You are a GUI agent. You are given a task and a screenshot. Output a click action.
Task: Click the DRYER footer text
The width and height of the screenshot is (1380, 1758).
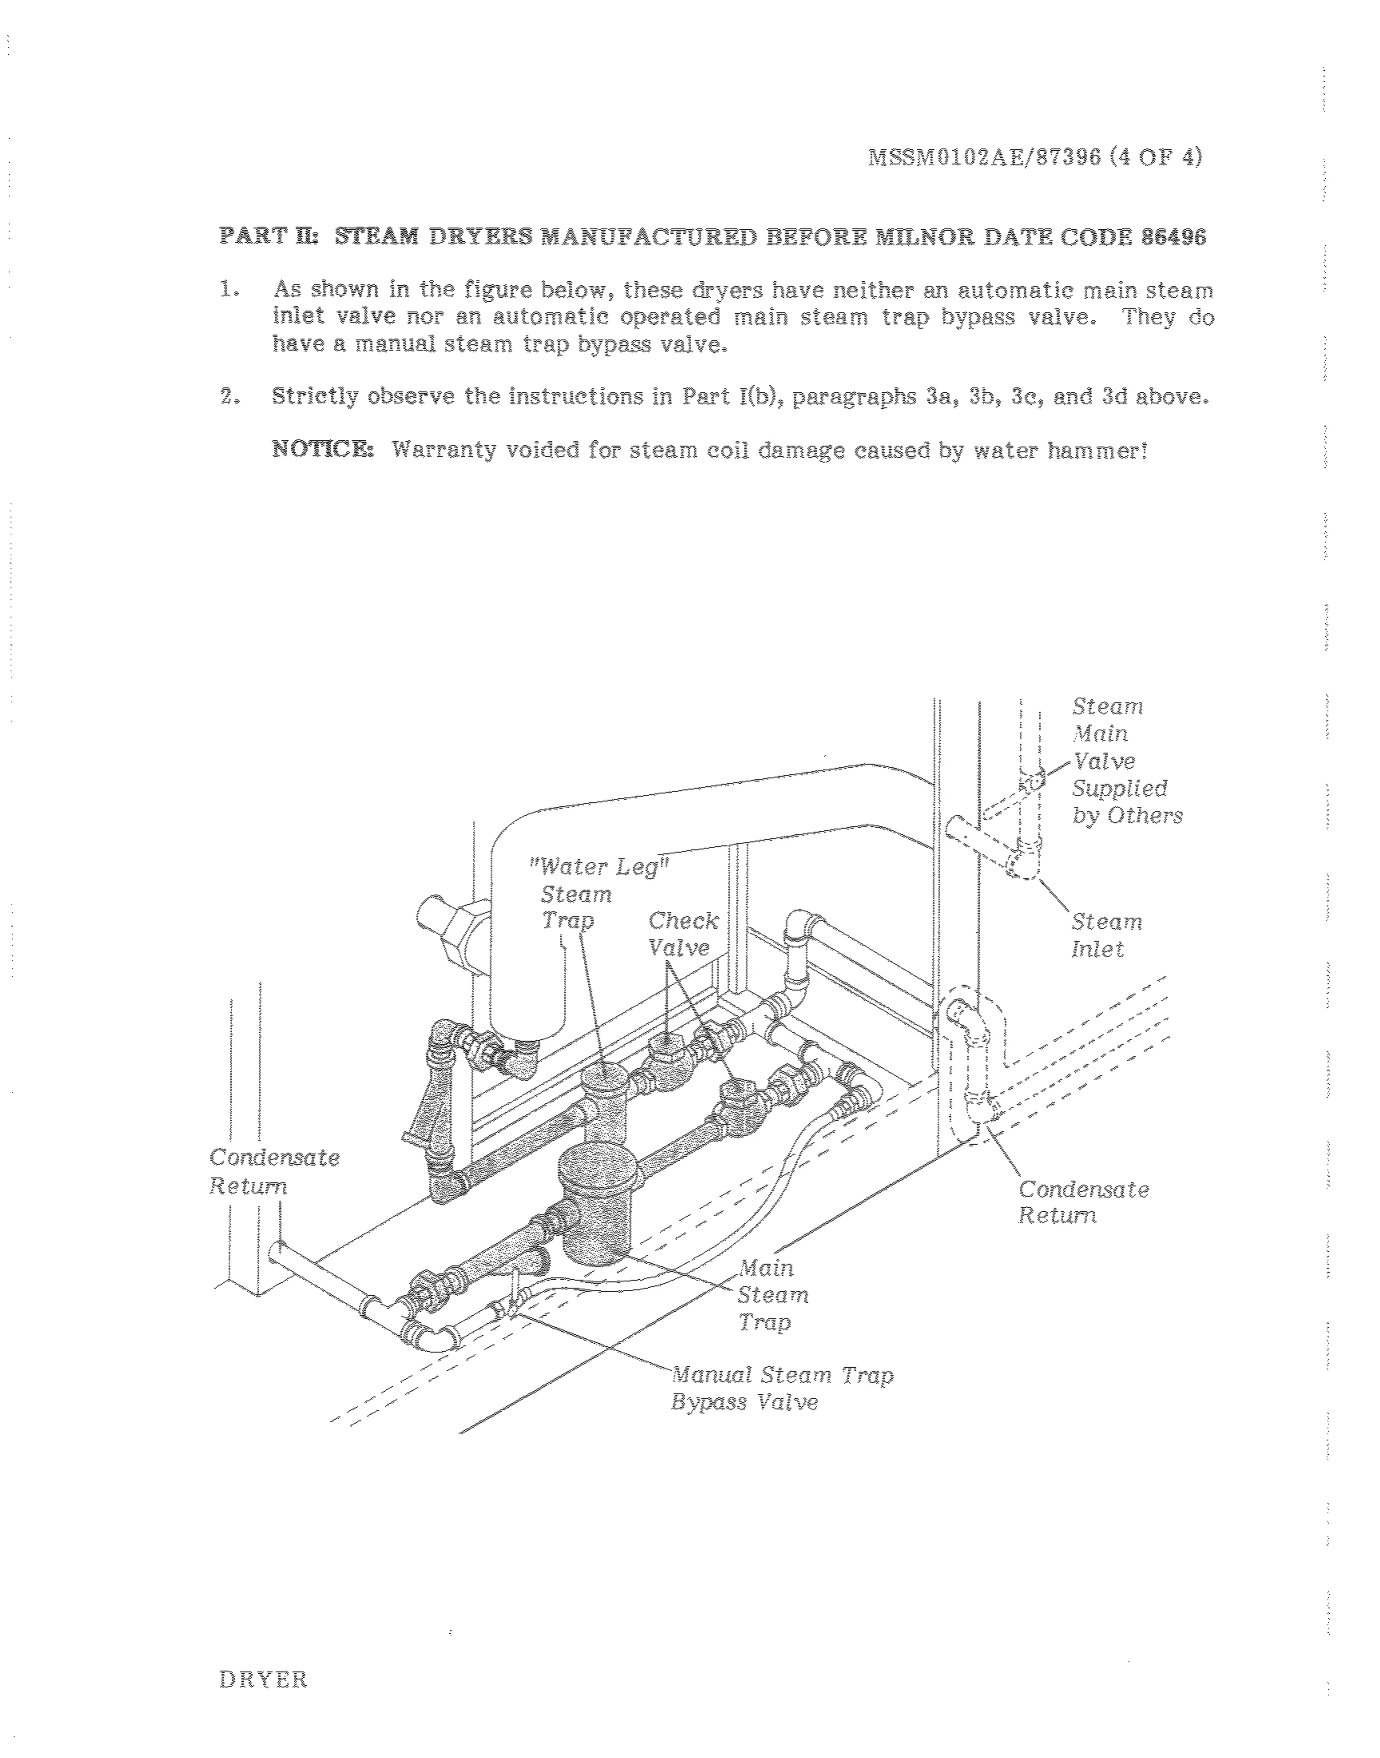(x=264, y=1680)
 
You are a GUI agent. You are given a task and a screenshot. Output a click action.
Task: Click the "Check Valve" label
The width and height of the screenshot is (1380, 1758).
(x=683, y=934)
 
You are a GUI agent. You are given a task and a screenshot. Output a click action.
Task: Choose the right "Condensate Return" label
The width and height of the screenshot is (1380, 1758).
(x=1083, y=1202)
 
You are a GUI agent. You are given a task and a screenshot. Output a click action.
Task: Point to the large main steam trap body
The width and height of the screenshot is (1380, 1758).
(x=599, y=1204)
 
